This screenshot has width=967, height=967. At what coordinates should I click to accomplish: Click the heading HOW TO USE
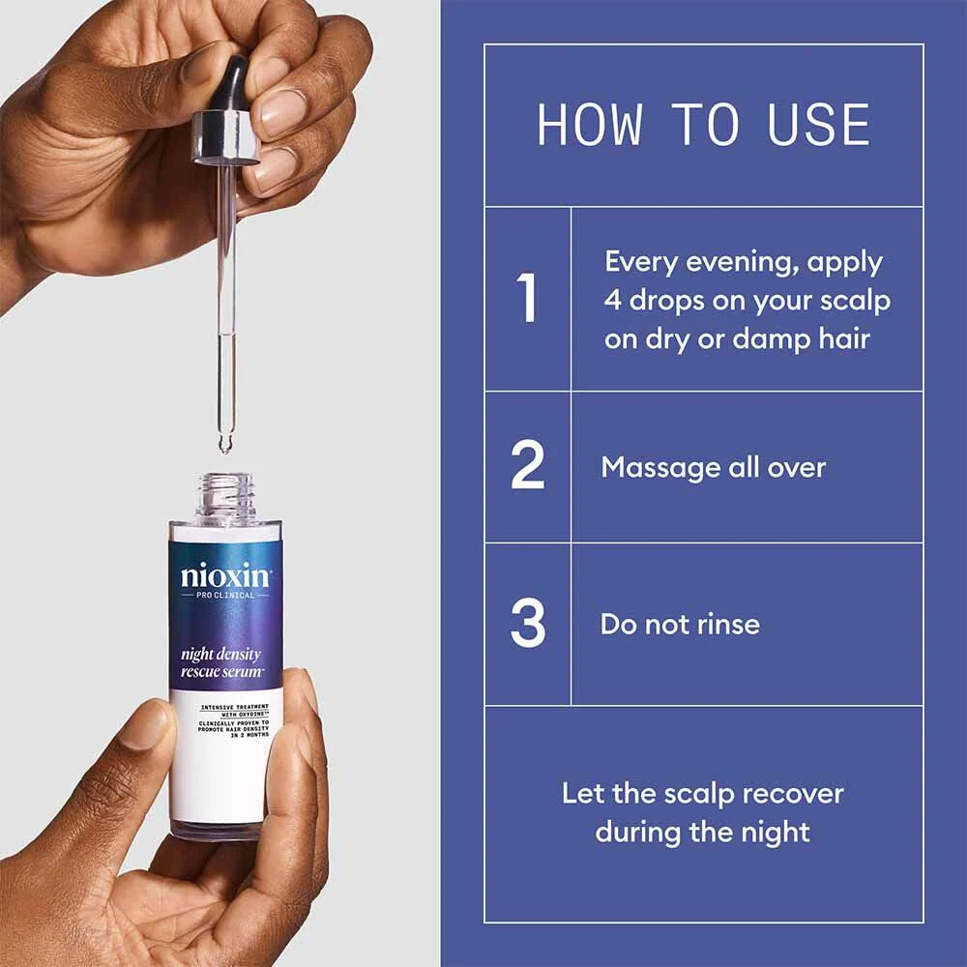point(703,125)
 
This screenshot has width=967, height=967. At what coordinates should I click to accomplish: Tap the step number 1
point(527,299)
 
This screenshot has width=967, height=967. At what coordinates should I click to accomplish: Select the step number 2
point(528,467)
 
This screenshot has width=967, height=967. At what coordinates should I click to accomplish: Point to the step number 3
point(528,624)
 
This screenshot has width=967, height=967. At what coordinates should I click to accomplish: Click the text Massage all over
point(713,468)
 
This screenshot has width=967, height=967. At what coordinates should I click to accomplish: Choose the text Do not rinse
point(680,624)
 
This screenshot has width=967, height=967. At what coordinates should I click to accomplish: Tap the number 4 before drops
point(613,301)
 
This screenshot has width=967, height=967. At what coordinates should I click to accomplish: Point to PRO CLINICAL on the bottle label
point(225,596)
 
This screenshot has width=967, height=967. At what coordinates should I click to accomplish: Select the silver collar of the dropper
point(226,136)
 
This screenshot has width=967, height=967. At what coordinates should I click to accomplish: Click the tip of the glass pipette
point(225,445)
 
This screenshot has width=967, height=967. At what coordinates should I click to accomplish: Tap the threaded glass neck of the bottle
point(225,497)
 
